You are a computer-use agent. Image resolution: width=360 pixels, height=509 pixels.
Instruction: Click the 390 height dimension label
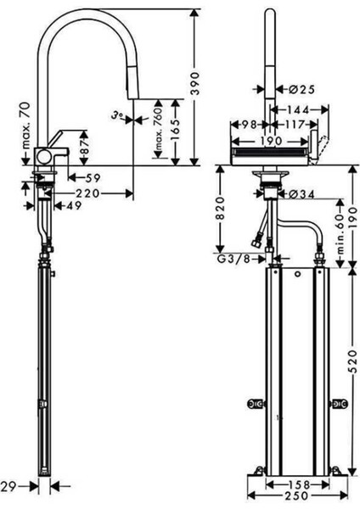pyautogui.click(x=194, y=83)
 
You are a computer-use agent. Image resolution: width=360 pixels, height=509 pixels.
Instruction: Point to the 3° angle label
pyautogui.click(x=117, y=115)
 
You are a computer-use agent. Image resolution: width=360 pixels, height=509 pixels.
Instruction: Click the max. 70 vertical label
pyautogui.click(x=26, y=125)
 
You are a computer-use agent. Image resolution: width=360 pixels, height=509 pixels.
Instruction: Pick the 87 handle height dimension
pyautogui.click(x=84, y=148)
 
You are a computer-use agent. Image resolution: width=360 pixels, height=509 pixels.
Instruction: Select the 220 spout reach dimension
pyautogui.click(x=87, y=193)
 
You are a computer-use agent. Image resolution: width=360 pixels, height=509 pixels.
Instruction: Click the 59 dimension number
pyautogui.click(x=92, y=178)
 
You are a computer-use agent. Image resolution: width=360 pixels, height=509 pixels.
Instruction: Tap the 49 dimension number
pyautogui.click(x=73, y=205)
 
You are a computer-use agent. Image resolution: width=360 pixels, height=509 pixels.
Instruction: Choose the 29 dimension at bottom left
pyautogui.click(x=8, y=486)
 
